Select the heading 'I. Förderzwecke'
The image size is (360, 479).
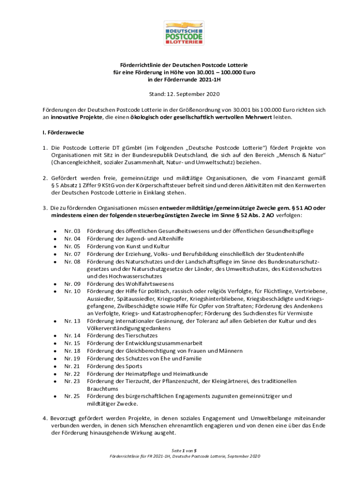(x=61, y=132)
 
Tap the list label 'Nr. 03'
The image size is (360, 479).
(x=72, y=231)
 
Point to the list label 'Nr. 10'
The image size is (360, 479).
(x=72, y=291)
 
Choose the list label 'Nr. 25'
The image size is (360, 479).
(x=72, y=396)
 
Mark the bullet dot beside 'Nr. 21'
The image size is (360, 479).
(x=55, y=366)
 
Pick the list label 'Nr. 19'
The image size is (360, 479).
(x=72, y=359)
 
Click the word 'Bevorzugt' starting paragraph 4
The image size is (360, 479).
(x=66, y=418)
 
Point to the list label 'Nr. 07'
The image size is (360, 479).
(x=72, y=254)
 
